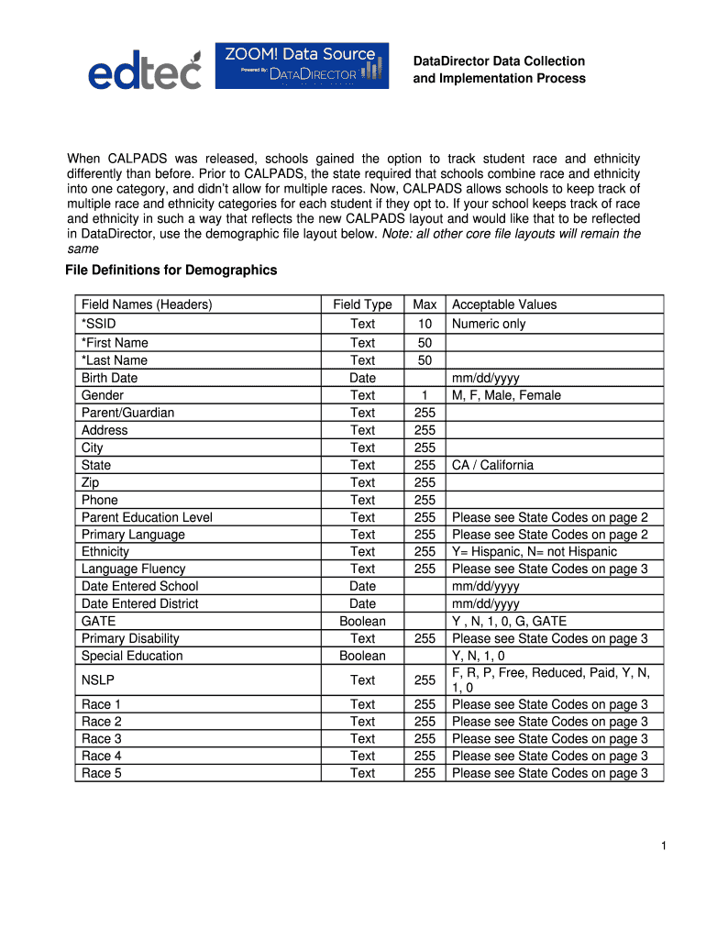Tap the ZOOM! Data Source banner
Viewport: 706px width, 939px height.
point(301,65)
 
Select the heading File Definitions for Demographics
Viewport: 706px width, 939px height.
point(171,271)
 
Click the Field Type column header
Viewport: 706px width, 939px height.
point(362,304)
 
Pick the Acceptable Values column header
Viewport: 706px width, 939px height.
point(504,304)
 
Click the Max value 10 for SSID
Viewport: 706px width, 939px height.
point(425,324)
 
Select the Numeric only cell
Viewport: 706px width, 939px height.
point(489,324)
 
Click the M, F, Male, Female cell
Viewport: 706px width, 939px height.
point(507,395)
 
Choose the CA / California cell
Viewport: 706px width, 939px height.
point(492,465)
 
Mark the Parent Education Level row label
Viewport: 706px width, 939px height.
point(147,517)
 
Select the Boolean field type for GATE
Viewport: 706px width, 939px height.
point(362,621)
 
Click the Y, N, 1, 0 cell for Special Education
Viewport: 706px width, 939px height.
point(478,656)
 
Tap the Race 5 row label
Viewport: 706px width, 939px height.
point(101,773)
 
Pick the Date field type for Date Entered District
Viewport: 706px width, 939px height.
point(362,603)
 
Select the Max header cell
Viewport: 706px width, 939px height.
point(425,304)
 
